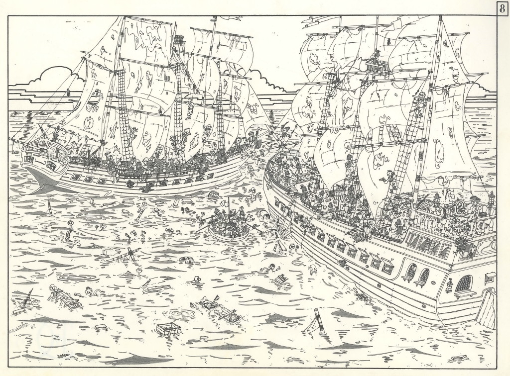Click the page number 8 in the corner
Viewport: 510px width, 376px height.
(501, 8)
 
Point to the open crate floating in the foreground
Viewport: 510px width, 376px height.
(166, 329)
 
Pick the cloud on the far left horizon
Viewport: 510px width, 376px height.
(52, 80)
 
